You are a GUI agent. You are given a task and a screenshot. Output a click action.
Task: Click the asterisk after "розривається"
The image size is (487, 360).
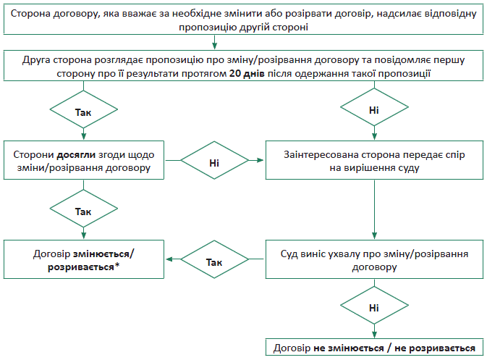click(117, 267)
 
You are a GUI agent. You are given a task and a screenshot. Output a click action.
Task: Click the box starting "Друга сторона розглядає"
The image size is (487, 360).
click(243, 67)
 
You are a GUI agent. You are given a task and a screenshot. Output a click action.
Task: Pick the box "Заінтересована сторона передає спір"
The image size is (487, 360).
click(374, 161)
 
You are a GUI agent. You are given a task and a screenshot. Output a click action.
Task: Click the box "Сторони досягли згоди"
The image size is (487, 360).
click(82, 161)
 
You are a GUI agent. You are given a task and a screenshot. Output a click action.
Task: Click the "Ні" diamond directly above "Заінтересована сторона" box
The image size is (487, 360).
click(374, 111)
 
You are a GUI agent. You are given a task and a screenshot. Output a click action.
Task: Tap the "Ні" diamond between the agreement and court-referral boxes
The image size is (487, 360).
click(214, 162)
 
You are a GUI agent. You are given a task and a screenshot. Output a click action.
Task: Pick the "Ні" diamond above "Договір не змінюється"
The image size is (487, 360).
click(374, 308)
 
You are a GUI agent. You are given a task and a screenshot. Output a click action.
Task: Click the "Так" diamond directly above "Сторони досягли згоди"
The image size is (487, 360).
click(83, 113)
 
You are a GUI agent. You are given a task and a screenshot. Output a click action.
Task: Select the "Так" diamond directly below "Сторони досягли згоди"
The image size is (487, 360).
click(83, 210)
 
